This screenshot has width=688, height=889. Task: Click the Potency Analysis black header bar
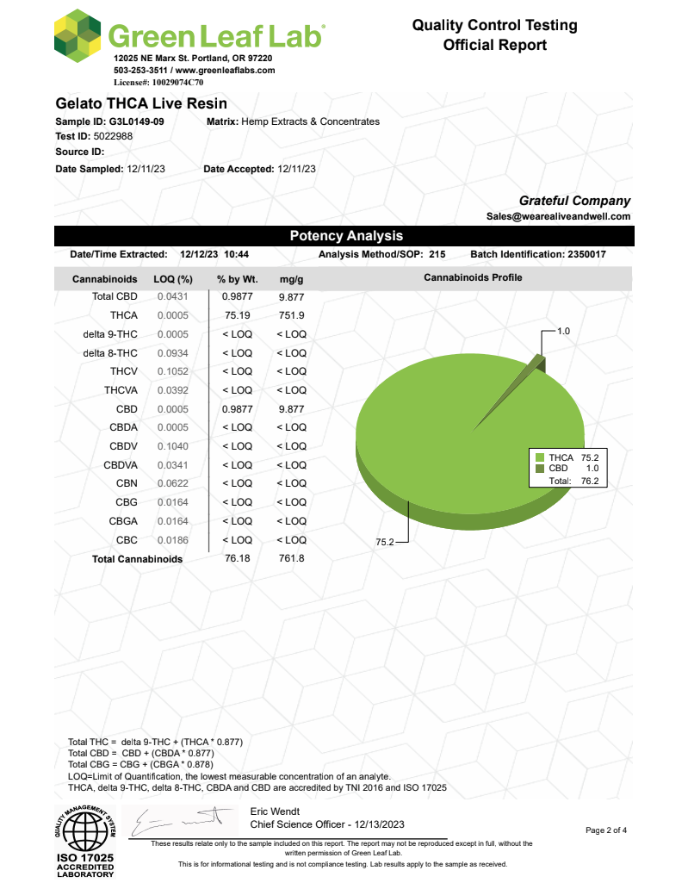344,235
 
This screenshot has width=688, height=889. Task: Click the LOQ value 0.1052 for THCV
172,371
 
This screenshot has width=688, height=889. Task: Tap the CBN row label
126,483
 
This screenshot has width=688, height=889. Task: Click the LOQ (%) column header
172,279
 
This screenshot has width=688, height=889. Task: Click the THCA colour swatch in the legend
540,457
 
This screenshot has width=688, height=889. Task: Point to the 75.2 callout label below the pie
385,542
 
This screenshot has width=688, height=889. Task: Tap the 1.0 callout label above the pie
564,331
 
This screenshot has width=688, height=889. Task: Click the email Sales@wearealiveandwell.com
558,216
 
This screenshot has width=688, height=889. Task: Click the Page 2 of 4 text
606,830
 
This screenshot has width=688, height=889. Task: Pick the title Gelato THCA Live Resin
135,103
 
